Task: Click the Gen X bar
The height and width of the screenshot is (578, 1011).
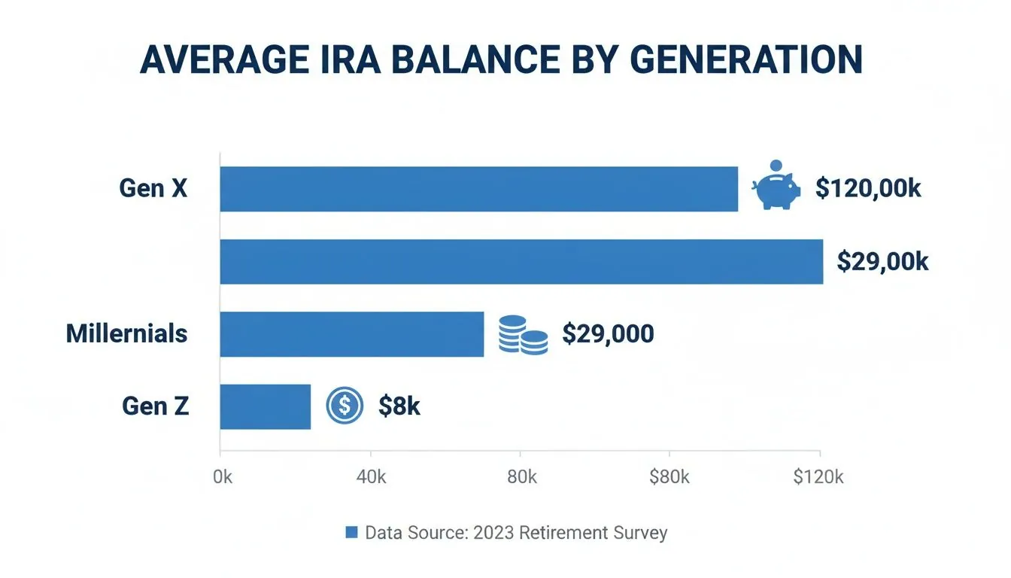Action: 478,189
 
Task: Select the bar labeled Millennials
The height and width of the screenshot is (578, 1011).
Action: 351,334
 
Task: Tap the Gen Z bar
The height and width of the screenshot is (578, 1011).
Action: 265,406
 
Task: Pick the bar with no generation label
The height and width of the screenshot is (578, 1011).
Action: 521,262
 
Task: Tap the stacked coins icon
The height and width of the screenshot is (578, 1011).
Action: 523,335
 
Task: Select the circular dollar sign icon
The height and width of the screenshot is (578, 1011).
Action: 345,406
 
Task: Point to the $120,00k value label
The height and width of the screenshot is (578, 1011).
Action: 868,188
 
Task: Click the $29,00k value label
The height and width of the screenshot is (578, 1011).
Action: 882,261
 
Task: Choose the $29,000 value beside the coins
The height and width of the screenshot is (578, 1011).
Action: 608,334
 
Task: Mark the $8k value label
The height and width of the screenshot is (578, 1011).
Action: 399,406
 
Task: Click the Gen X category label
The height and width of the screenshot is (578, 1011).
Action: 153,188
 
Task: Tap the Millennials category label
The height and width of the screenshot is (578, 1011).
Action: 126,333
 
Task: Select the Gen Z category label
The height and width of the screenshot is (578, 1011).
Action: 155,406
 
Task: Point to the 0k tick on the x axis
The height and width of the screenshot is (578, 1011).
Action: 223,477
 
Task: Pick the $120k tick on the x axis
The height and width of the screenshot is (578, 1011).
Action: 818,477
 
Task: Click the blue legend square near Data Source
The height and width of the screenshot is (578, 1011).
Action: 351,533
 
